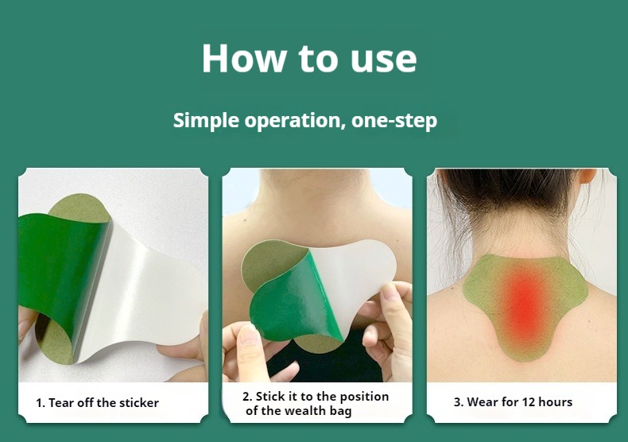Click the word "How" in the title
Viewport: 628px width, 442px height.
[x=243, y=58]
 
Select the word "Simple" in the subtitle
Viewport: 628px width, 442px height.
[x=206, y=121]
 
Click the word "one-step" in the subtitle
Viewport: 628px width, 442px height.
[x=394, y=121]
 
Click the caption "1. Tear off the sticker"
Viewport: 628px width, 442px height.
[x=97, y=402]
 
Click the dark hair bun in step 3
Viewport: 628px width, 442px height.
[x=509, y=188]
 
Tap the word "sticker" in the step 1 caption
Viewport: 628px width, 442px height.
[x=138, y=402]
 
